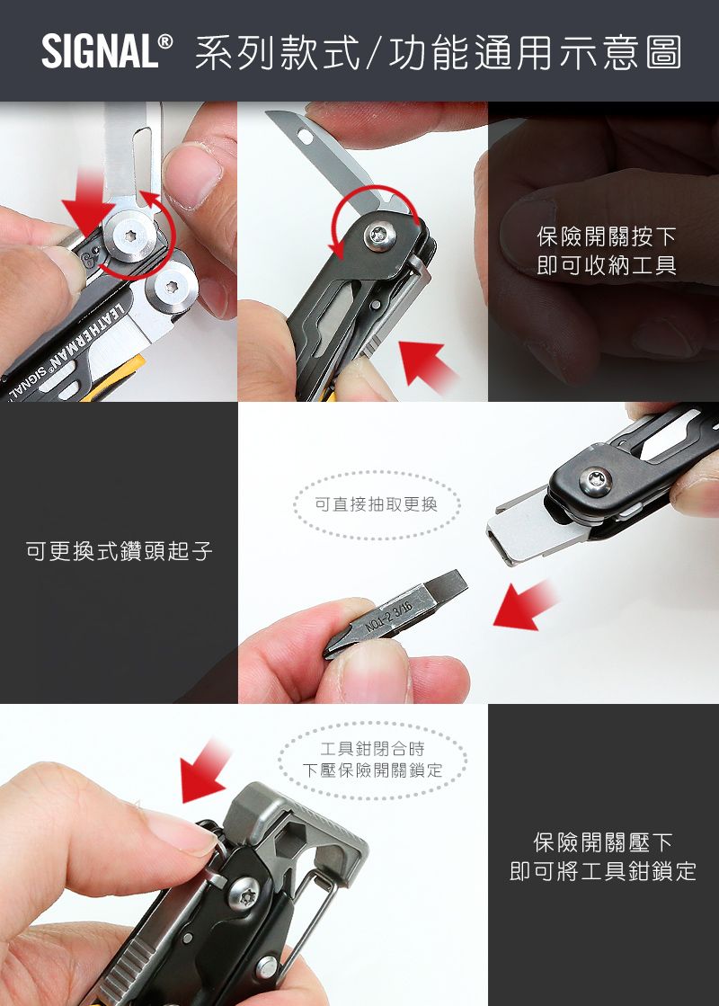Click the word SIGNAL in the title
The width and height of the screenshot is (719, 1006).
coord(99,52)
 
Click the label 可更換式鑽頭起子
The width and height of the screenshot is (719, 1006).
coord(119,551)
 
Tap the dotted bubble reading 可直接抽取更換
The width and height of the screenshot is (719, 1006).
coord(376,504)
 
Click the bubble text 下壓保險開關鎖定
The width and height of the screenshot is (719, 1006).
coord(372,770)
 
